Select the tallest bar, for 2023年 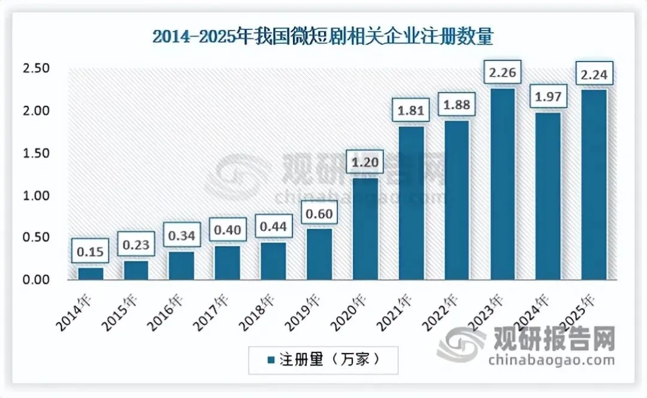503,184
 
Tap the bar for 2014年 91,273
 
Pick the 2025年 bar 594,185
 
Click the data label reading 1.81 411,111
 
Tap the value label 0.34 182,236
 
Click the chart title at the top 322,37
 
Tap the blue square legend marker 271,360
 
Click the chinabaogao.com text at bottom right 551,360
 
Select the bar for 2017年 228,263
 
